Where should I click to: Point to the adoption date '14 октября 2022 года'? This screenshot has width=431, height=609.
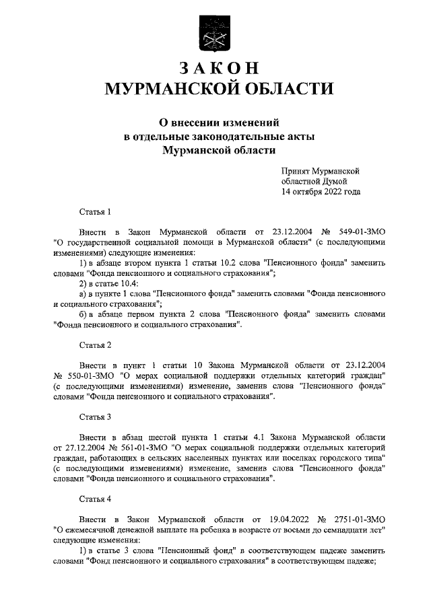point(321,192)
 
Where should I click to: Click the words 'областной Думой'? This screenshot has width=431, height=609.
point(314,182)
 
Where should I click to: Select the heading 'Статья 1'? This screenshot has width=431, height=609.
point(95,212)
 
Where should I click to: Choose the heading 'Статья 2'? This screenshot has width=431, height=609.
point(95,345)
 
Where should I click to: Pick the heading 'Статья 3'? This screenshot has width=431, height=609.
point(95,417)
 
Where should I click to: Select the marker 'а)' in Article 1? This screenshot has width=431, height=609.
point(83,293)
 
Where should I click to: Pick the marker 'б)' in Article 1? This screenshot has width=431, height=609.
point(84,314)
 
